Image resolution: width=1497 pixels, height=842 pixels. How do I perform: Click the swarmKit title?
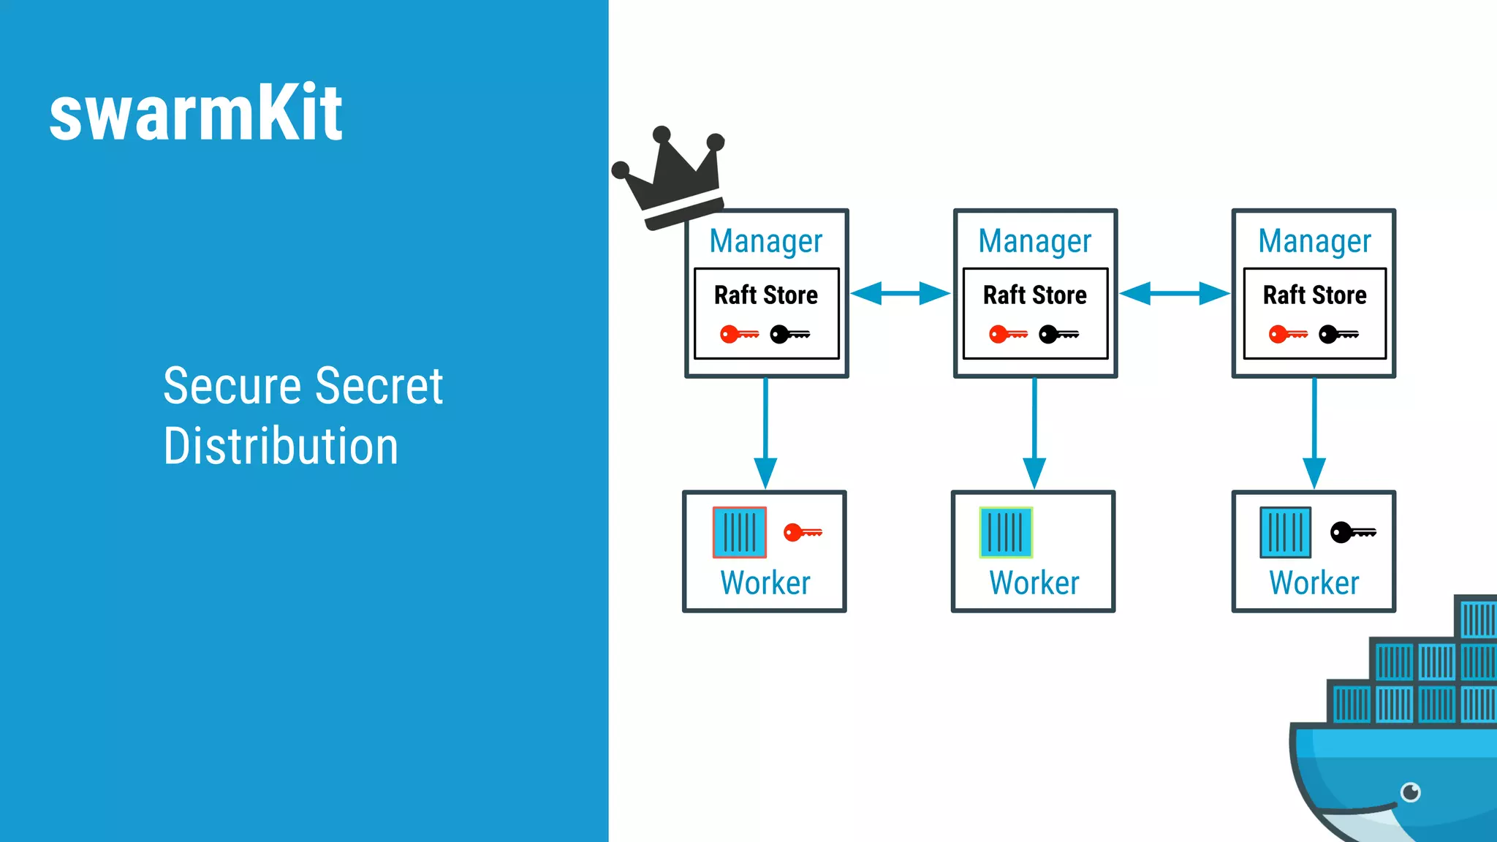(x=196, y=113)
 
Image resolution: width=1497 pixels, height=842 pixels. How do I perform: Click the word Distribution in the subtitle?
(x=281, y=446)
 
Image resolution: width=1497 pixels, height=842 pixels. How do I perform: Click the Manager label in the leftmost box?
(x=765, y=241)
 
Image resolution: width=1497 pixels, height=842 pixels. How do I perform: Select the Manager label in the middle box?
(x=1034, y=241)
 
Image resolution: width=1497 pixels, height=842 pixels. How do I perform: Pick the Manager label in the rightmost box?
(x=1314, y=241)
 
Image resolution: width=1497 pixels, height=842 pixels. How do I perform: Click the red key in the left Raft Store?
(x=739, y=334)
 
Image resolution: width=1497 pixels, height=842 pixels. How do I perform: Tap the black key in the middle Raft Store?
(x=1058, y=334)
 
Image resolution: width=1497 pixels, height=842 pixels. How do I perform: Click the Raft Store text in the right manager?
(x=1314, y=295)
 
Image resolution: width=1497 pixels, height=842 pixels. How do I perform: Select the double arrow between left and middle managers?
(x=901, y=293)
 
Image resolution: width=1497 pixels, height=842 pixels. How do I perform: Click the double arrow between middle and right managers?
(x=1175, y=293)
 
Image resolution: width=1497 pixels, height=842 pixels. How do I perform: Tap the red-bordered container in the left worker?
(x=740, y=532)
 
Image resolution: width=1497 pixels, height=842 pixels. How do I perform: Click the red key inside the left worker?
(x=803, y=532)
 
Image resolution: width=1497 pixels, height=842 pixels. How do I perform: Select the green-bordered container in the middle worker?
(x=1006, y=532)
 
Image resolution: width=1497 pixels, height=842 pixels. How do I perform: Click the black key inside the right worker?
(x=1352, y=532)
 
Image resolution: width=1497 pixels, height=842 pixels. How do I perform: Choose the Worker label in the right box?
(x=1314, y=583)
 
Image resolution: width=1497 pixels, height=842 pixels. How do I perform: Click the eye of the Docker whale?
(x=1410, y=792)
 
